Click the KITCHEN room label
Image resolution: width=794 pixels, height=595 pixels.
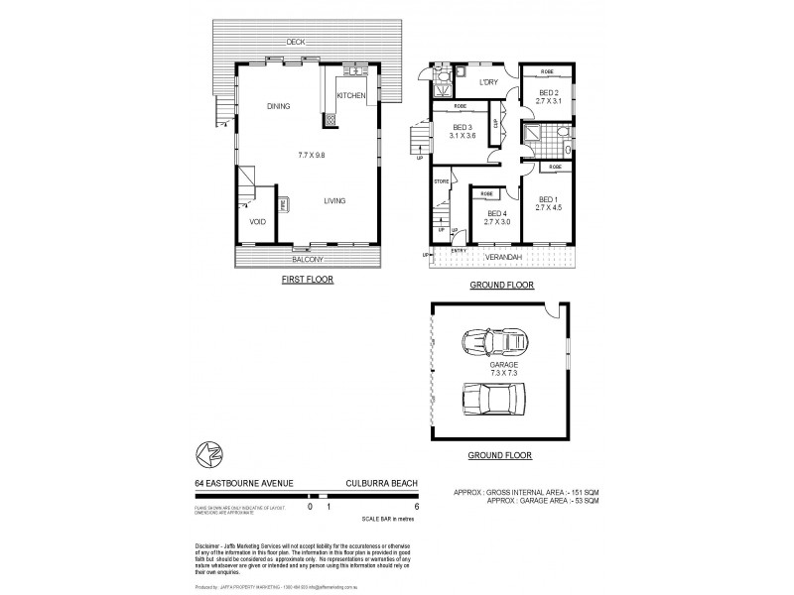pyautogui.click(x=351, y=95)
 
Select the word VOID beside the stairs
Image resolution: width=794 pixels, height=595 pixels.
pyautogui.click(x=257, y=221)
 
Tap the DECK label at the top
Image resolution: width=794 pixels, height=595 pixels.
pyautogui.click(x=294, y=42)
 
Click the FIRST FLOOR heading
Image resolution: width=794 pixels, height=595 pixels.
pyautogui.click(x=307, y=281)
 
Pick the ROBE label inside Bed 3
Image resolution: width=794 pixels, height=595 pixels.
pyautogui.click(x=460, y=106)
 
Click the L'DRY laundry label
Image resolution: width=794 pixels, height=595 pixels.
pyautogui.click(x=487, y=82)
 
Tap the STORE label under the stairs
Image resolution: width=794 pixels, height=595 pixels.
pyautogui.click(x=442, y=181)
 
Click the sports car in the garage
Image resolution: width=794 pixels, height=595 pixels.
pyautogui.click(x=494, y=344)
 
